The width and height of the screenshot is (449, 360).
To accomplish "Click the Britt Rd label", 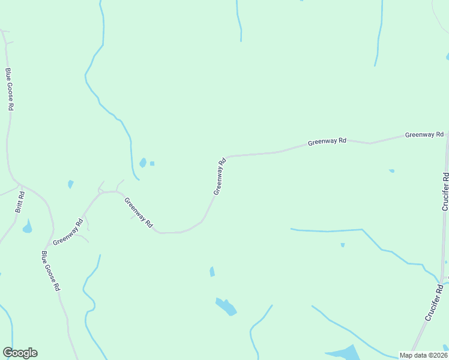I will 20,202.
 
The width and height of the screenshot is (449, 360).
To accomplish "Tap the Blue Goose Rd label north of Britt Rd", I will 9,89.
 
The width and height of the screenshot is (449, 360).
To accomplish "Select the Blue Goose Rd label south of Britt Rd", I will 50,271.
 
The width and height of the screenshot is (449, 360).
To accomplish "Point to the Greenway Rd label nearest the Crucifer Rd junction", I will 424,135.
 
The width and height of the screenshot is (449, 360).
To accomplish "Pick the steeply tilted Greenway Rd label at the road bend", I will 220,176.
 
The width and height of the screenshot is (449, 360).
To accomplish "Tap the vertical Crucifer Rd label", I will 445,191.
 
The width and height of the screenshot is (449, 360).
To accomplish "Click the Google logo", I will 20,353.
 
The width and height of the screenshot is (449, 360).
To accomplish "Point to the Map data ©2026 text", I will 423,355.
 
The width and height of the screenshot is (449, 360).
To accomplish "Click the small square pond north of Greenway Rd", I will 152,163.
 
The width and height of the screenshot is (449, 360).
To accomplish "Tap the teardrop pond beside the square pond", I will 143,162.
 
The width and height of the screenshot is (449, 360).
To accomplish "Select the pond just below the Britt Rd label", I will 26,227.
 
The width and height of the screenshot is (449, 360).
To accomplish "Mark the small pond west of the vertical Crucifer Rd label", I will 391,171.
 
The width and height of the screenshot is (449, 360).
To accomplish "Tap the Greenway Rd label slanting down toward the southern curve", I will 139,212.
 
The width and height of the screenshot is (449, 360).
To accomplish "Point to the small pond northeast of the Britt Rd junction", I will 71,184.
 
